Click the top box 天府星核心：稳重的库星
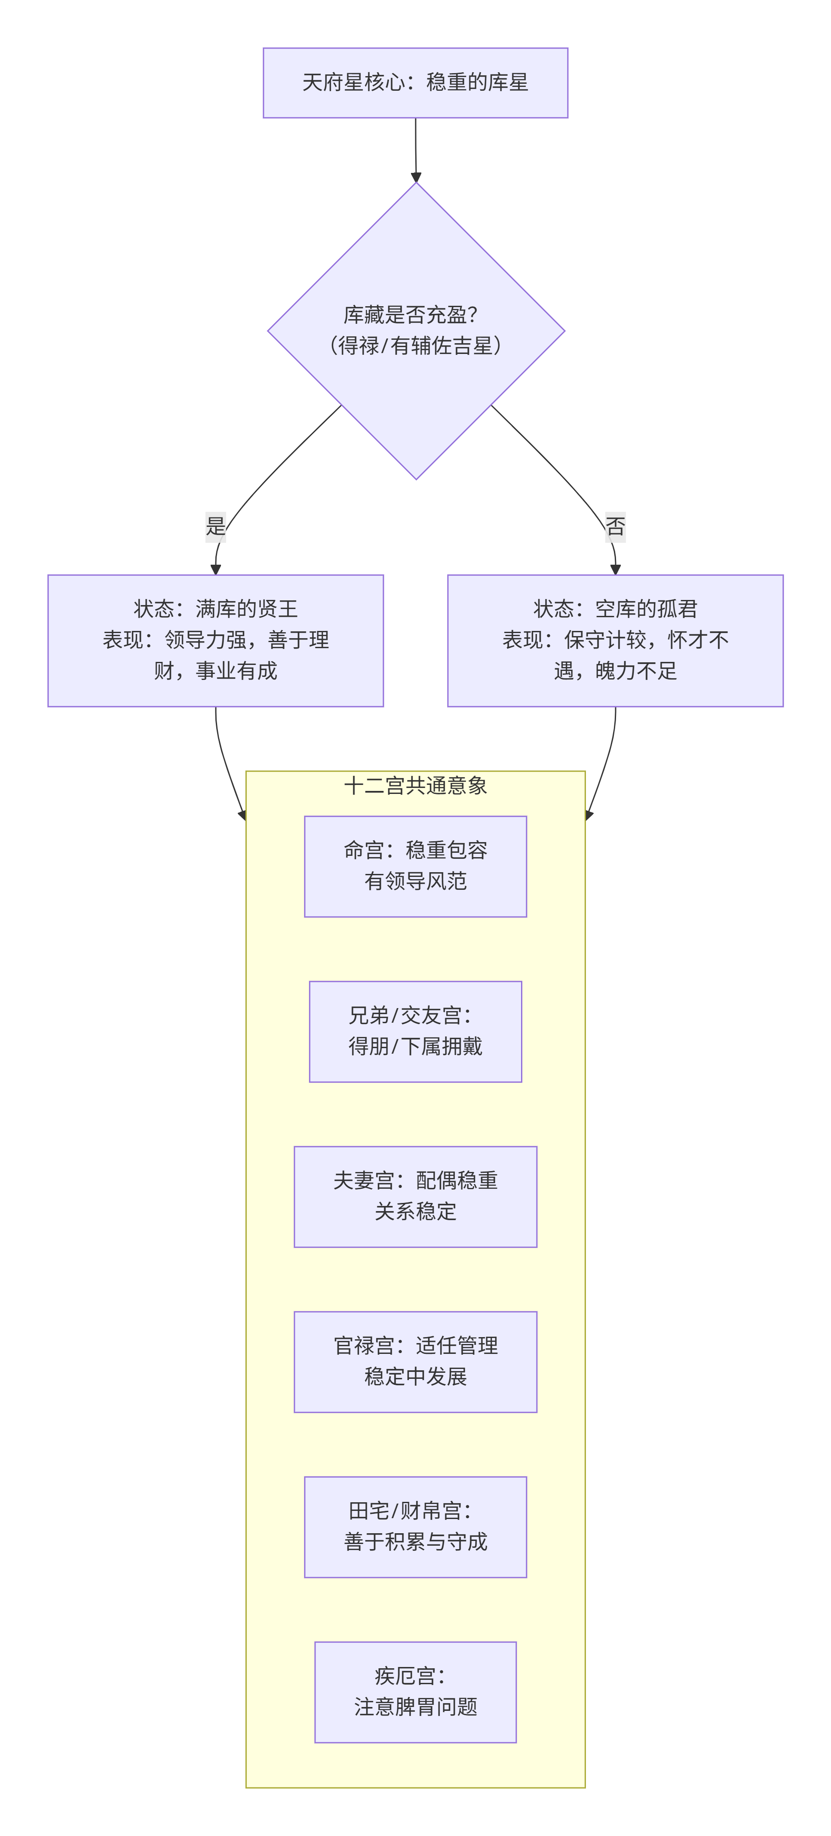coord(415,83)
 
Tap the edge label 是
coord(215,527)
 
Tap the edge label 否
coord(615,527)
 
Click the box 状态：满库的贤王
coord(215,640)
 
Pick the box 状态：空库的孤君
coord(615,640)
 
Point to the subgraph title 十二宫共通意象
coord(415,785)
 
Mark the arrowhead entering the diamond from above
coord(415,177)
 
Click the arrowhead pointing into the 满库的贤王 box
coord(215,569)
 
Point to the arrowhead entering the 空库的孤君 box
coord(615,569)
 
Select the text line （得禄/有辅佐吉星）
coord(415,346)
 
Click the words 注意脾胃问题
coord(415,1707)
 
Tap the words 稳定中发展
coord(415,1376)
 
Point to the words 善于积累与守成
coord(415,1542)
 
